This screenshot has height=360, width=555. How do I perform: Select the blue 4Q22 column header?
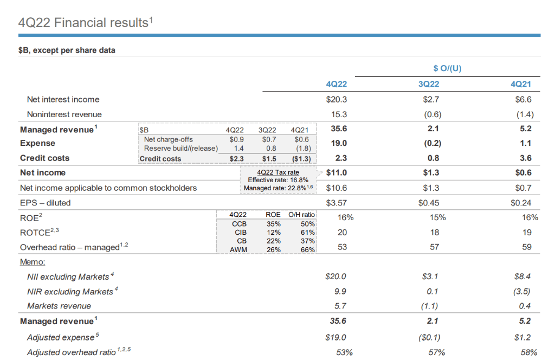(x=336, y=84)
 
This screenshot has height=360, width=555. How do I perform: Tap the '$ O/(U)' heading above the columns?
(x=448, y=68)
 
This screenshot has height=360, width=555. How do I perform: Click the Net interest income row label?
(x=63, y=100)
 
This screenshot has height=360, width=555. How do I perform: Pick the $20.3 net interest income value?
(x=337, y=100)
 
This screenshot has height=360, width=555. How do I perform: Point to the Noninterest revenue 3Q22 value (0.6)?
(x=433, y=114)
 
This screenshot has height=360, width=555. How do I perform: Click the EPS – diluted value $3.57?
(x=337, y=203)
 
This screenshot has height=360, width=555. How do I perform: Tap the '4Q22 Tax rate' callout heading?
(x=277, y=172)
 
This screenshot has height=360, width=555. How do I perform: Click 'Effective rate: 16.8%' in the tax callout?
(x=277, y=180)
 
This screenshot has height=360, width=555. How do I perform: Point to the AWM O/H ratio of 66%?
(x=307, y=249)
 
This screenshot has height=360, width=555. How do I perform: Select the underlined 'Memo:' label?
(x=33, y=261)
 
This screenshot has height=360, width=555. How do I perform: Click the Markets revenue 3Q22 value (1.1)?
(x=433, y=306)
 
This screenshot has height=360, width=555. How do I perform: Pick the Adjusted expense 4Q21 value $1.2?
(x=525, y=337)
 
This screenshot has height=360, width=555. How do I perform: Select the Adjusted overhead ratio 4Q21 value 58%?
(x=527, y=352)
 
